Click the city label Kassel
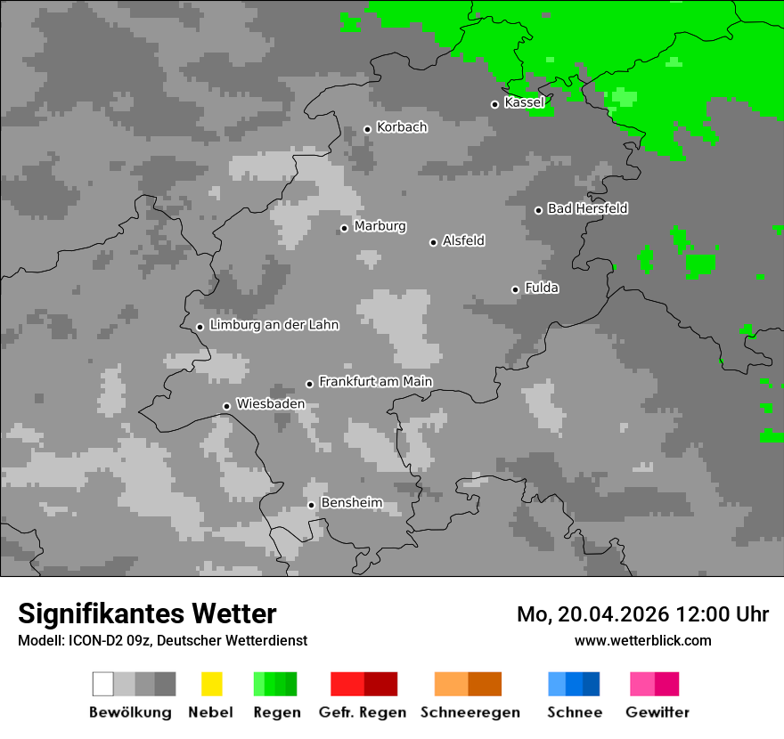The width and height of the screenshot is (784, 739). point(524,102)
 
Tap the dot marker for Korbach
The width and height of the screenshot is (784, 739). point(367,129)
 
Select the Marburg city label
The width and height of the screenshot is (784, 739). point(380,226)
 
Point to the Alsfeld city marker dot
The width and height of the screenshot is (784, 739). point(433,242)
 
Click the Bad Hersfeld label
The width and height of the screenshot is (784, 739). point(587,208)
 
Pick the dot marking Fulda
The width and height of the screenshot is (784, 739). point(515,289)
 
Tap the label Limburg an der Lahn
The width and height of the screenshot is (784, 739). point(274,325)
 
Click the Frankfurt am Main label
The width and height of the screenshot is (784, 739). point(375,382)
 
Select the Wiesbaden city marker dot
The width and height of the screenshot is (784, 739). point(226,406)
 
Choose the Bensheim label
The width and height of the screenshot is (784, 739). point(351,503)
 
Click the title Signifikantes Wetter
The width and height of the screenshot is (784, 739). point(147,613)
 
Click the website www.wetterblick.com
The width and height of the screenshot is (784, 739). point(642,640)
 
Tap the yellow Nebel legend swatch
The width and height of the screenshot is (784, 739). point(211,684)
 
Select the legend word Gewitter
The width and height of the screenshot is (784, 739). point(657,712)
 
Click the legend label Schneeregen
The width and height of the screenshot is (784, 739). point(470,712)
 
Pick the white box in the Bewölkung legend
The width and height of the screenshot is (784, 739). point(103,684)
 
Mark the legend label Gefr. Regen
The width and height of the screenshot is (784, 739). point(362,712)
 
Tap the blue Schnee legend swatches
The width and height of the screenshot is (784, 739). point(574,684)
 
